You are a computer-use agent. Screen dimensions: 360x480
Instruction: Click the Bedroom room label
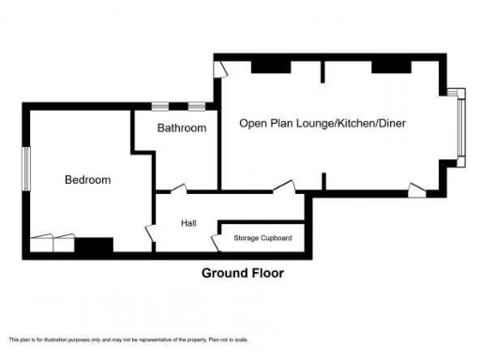tap(87, 180)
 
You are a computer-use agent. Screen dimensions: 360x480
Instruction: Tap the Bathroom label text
tap(181, 127)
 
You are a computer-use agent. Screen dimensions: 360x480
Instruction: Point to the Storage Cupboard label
tap(262, 238)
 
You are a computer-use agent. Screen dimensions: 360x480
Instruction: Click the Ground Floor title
tap(243, 274)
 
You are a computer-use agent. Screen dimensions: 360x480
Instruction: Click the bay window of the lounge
tap(458, 127)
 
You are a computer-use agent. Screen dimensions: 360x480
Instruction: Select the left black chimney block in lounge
tap(269, 65)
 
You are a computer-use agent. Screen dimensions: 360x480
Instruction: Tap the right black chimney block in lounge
tap(390, 65)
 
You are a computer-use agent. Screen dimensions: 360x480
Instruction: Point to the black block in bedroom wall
tap(94, 246)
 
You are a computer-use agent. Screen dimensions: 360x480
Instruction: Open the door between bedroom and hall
tap(149, 232)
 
